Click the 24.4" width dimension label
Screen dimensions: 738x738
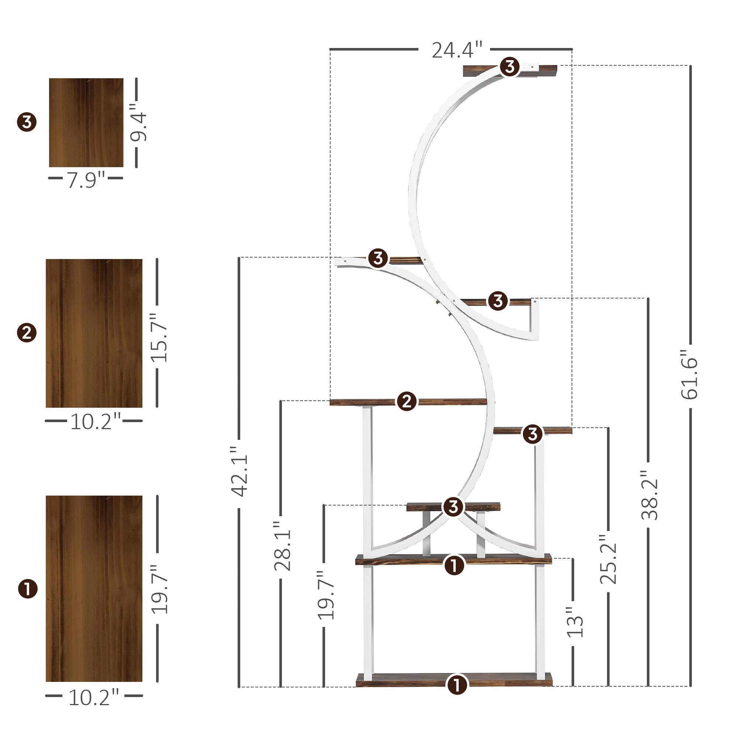(457, 50)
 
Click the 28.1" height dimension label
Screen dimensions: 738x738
(282, 551)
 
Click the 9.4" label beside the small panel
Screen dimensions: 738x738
(138, 122)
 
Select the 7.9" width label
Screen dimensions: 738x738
(86, 180)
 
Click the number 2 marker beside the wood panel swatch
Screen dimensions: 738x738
(27, 333)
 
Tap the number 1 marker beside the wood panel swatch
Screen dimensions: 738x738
(28, 589)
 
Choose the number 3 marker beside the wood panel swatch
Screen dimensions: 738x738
(27, 123)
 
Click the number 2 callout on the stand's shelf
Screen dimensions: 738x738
(406, 401)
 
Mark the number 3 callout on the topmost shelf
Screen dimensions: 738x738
(510, 67)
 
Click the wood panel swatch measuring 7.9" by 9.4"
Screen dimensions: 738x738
(86, 123)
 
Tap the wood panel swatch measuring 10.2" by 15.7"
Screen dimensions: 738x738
(94, 333)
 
